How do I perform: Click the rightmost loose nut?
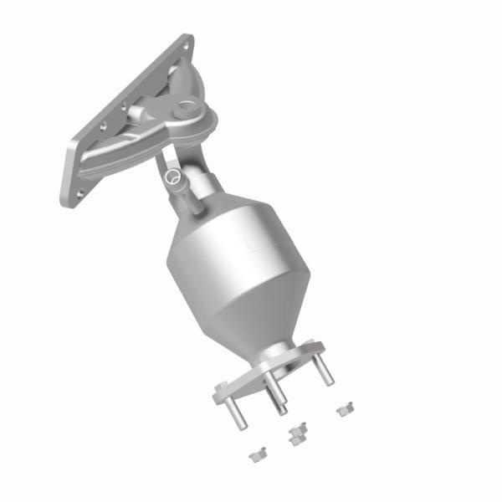(x=342, y=410)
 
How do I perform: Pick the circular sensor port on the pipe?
(x=172, y=177)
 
